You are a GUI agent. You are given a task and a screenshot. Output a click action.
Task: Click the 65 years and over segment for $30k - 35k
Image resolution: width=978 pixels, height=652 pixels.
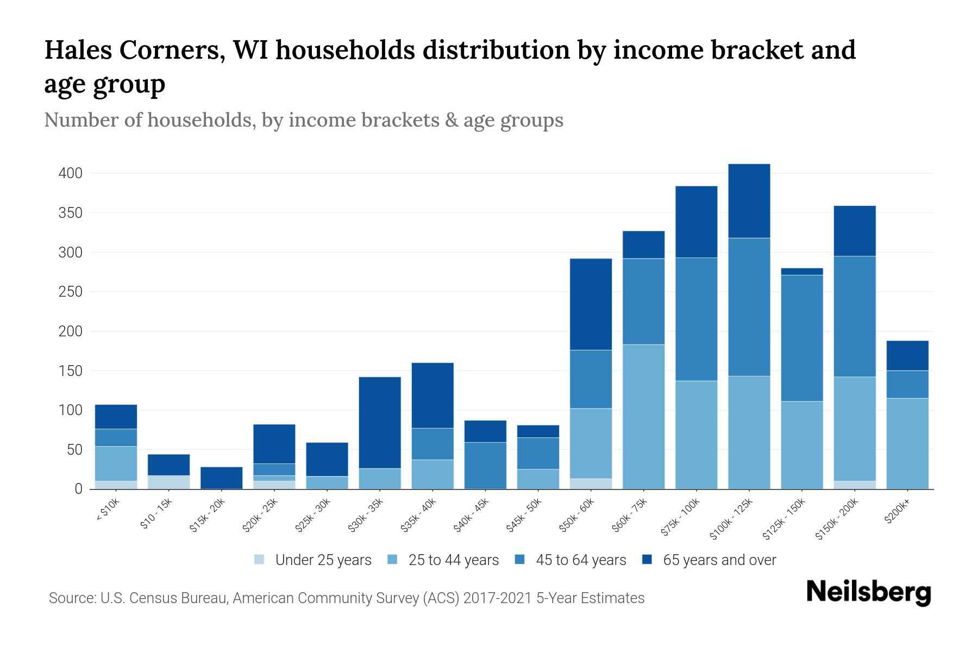pos(380,422)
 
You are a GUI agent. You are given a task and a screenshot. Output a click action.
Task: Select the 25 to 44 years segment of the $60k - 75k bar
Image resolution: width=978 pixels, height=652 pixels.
pos(643,416)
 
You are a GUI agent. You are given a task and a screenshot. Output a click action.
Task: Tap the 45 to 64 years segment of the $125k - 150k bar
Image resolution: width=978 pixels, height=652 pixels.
pos(801,338)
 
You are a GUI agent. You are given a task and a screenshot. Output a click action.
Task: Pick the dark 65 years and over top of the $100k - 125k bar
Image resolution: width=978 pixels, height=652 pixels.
pos(749,200)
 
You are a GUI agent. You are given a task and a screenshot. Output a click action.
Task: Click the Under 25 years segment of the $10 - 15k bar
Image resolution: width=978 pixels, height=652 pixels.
pos(168,482)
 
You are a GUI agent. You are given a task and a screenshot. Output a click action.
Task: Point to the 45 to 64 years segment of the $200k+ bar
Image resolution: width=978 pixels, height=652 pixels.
pos(907,384)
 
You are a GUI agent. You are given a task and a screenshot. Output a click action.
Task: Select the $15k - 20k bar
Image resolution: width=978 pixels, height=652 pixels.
pos(221,478)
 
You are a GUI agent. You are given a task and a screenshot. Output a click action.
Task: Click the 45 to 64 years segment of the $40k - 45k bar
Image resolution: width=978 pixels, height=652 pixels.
pos(485,465)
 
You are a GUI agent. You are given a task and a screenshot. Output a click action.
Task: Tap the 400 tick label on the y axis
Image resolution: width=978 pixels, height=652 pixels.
pos(70,174)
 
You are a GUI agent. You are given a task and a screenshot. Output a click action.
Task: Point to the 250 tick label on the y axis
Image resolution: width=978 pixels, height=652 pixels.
pos(70,292)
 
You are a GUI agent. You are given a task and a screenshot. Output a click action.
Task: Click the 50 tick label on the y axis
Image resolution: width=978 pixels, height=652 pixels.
pos(74,450)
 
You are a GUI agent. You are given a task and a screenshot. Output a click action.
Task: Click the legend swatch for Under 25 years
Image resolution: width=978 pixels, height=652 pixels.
pos(260,560)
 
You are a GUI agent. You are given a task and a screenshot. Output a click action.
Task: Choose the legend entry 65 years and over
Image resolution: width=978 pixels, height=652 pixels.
pos(719,560)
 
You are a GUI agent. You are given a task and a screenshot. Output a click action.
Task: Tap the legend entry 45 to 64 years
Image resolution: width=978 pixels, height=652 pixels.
pos(580,560)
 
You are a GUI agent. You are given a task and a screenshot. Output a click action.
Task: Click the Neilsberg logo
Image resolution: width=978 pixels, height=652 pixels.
pos(868,592)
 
